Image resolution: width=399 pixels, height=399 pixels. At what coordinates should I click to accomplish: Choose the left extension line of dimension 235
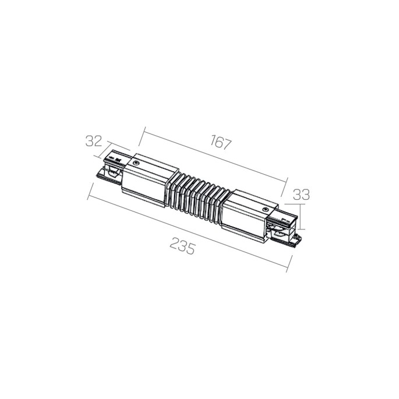point(90,192)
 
